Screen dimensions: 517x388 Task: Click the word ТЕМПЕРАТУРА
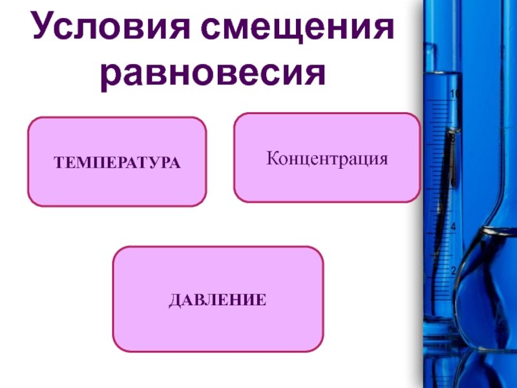tap(117, 162)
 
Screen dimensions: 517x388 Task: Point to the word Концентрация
tap(327, 158)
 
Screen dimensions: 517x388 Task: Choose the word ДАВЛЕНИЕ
tap(218, 299)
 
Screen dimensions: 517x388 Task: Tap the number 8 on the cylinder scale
tap(453, 138)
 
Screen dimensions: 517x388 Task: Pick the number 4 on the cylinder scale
tap(453, 227)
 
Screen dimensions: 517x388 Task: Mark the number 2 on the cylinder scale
tap(453, 270)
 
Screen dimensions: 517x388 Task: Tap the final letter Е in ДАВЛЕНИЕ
tap(261, 299)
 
